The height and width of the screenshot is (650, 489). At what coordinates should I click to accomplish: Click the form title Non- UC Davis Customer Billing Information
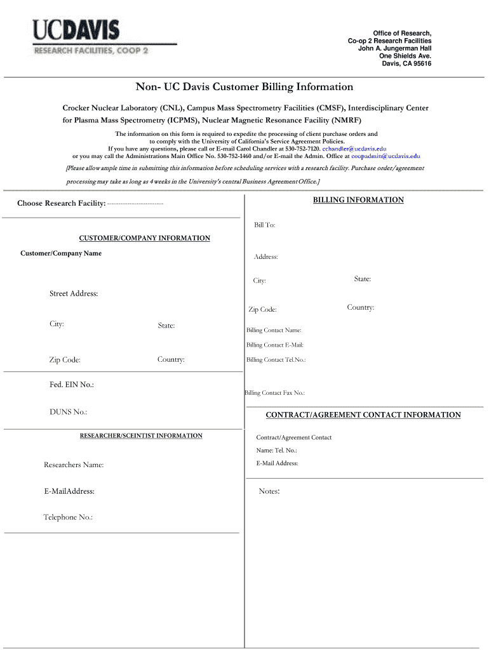click(244, 86)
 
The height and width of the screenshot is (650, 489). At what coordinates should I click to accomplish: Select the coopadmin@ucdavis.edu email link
click(385, 156)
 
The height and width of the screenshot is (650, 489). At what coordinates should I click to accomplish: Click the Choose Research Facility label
click(61, 203)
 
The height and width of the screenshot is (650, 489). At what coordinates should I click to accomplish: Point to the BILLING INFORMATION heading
click(358, 200)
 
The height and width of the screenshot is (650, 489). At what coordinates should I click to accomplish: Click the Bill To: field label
click(264, 225)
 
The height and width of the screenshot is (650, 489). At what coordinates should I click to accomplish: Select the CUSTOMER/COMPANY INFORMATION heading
click(144, 239)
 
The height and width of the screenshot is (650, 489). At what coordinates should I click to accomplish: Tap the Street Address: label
click(74, 293)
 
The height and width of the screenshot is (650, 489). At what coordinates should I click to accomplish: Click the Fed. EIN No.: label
click(72, 385)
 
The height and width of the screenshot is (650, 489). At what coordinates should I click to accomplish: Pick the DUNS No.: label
click(68, 412)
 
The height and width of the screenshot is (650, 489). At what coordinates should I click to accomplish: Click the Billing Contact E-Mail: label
click(274, 345)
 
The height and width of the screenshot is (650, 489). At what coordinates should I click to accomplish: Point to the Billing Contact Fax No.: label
click(274, 393)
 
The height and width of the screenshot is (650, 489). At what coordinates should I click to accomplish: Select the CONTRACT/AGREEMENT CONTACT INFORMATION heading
click(363, 415)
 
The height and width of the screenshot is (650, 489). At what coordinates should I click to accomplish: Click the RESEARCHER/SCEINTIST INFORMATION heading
click(141, 436)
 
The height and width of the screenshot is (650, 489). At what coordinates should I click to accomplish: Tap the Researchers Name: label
click(74, 465)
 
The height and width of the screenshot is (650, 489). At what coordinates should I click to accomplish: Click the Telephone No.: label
click(68, 517)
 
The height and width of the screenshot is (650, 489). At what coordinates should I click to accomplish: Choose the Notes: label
click(269, 491)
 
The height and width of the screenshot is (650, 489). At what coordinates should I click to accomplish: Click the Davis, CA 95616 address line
click(406, 63)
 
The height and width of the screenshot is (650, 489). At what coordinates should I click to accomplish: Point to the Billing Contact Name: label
click(274, 330)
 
